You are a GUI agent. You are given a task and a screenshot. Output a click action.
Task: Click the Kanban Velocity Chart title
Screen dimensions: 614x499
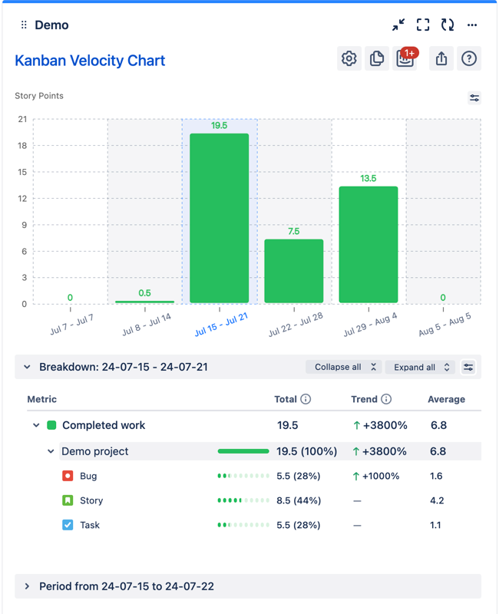coord(90,61)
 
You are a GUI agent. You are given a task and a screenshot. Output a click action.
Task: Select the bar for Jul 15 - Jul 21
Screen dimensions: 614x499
coord(220,219)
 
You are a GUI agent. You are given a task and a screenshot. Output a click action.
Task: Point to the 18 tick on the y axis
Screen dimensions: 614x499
coord(22,146)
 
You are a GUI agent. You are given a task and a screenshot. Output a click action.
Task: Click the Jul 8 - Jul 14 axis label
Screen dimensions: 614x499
coord(146,325)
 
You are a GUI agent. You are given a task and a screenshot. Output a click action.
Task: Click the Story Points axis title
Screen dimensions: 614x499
coord(39,96)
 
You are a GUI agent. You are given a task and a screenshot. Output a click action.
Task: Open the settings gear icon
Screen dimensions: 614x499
coord(349,59)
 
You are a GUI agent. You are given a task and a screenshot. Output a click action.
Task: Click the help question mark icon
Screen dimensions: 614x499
coord(469,59)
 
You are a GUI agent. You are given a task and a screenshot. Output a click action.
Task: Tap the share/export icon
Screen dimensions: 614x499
coord(441,59)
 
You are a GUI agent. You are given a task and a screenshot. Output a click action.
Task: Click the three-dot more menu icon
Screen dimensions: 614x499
coord(472,25)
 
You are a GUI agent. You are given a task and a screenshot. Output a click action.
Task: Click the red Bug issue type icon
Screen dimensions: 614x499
coord(68,476)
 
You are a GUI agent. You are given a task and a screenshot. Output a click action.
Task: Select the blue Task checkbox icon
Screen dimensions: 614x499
coord(68,525)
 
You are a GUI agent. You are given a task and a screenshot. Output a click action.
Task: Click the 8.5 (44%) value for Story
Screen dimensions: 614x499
coord(298,500)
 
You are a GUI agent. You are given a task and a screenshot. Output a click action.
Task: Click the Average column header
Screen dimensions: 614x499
coord(446,399)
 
